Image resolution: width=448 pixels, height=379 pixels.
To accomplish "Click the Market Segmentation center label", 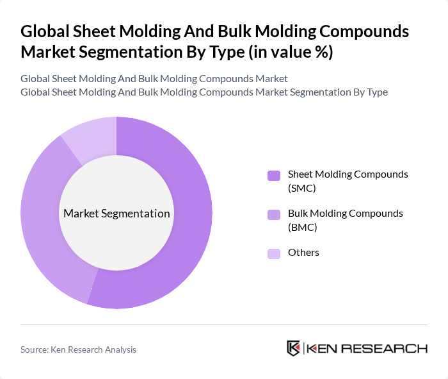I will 116,214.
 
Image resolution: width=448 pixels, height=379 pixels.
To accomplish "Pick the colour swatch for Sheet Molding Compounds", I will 274,175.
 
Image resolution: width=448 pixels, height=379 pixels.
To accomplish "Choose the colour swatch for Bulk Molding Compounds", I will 274,214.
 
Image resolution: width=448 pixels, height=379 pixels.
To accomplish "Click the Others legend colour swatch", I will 274,253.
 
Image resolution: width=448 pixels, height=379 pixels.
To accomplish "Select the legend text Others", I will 303,253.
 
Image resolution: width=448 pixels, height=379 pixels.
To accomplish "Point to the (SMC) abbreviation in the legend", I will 302,188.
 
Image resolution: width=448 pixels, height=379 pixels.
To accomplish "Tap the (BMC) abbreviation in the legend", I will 303,227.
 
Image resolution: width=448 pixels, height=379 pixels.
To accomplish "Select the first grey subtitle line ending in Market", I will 154,78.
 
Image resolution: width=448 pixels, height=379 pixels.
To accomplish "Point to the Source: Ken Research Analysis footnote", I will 78,350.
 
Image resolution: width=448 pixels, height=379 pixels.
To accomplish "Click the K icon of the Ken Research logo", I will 293,348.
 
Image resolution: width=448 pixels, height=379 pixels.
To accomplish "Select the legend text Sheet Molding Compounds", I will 348,174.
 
